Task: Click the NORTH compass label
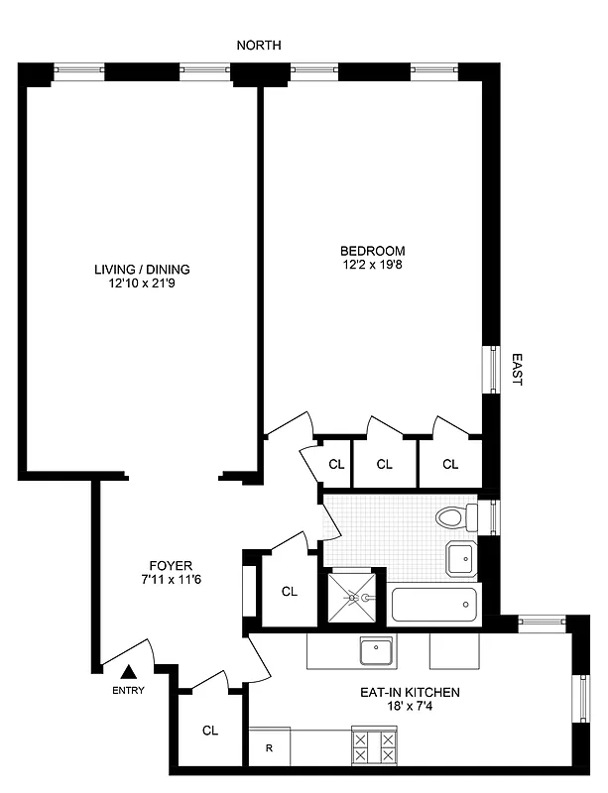(259, 45)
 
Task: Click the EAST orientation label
(517, 370)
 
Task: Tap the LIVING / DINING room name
(142, 269)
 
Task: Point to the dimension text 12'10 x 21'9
(142, 283)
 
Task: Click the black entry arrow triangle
(127, 672)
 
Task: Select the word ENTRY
(128, 691)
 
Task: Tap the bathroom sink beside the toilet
(460, 558)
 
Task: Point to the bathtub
(434, 603)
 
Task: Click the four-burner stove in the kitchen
(375, 744)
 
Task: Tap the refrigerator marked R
(268, 748)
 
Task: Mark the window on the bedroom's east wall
(489, 370)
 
